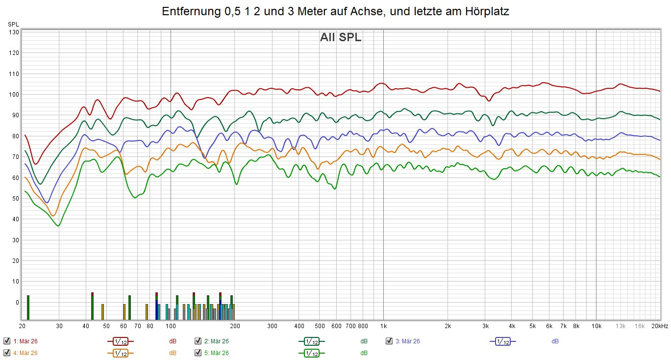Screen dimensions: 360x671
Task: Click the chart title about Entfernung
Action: pos(335,12)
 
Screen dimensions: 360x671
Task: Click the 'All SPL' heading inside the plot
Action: pos(341,38)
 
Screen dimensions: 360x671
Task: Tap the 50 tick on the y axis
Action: pos(15,199)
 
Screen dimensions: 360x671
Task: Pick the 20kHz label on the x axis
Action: pos(659,326)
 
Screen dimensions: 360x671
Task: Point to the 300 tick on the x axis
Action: pos(273,326)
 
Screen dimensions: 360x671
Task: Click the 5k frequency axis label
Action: pos(532,326)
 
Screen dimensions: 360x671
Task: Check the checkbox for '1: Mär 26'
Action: pos(7,341)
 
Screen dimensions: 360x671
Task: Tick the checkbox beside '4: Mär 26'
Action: pos(7,353)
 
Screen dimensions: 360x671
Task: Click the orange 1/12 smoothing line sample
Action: pos(121,353)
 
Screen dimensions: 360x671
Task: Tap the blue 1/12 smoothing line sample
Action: pos(502,341)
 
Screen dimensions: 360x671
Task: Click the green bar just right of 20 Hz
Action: pos(28,308)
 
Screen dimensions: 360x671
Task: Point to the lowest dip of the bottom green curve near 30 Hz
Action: pos(59,226)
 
